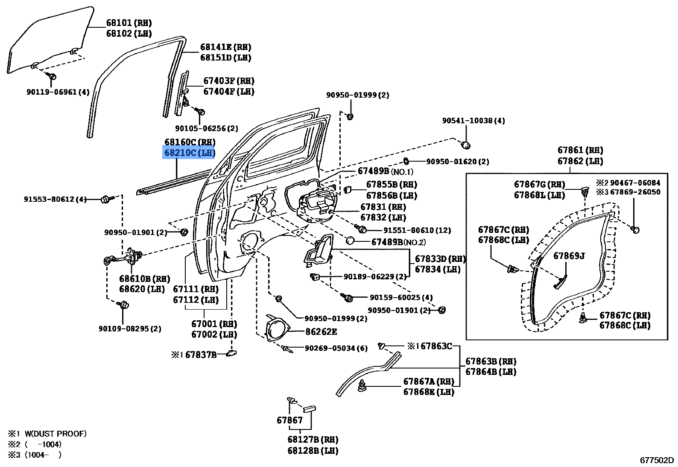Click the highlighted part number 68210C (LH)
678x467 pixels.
pos(189,152)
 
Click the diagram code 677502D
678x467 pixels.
pos(656,460)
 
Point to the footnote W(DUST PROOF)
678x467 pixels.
pos(55,434)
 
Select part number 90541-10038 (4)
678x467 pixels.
pos(473,121)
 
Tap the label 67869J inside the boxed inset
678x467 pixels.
pos(569,256)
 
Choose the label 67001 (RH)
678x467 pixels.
pos(214,324)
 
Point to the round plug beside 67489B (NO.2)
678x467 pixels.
pos(351,241)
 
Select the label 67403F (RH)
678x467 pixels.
pos(228,81)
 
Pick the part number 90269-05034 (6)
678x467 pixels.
pos(336,348)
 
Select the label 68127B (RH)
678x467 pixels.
pos(313,440)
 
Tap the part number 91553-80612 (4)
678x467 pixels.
pos(55,199)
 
